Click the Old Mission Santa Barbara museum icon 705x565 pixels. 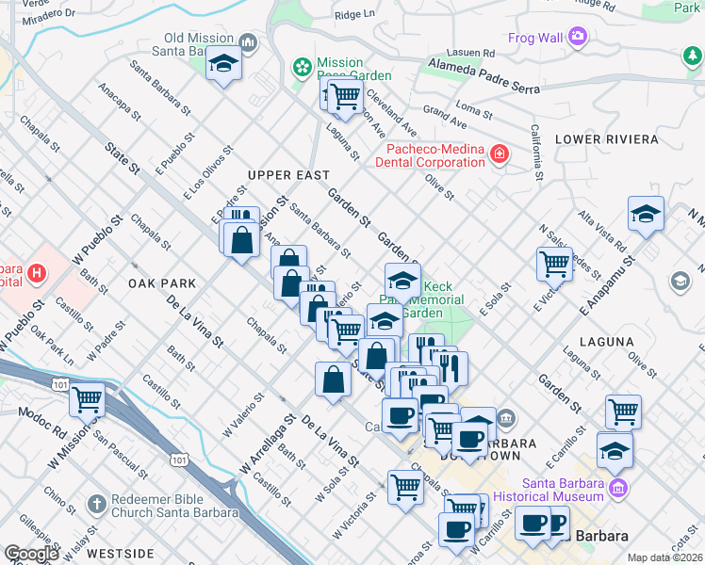point(248,41)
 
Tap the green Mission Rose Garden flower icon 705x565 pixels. point(303,67)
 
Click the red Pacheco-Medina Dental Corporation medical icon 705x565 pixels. point(497,153)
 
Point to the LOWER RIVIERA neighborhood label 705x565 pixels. point(606,139)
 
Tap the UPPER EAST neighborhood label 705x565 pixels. point(288,175)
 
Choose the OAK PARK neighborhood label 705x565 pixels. point(162,282)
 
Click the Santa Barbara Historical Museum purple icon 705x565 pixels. point(617,488)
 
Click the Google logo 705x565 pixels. point(31,554)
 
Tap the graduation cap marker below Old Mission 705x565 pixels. point(223,64)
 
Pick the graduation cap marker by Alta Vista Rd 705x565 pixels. point(647,214)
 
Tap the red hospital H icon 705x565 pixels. point(36,274)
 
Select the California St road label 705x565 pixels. point(536,151)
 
